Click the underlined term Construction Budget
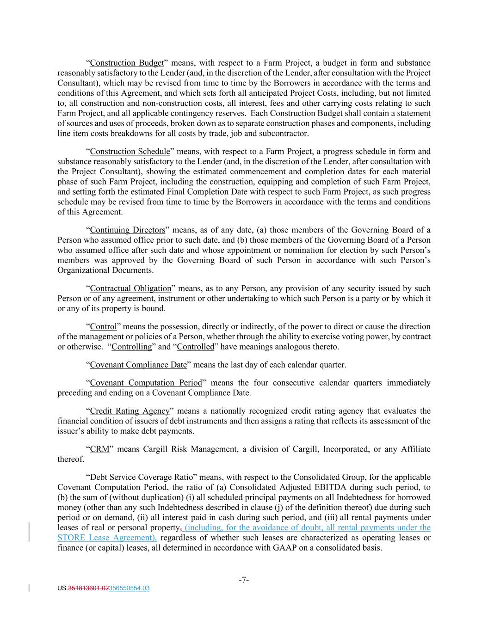click(x=127, y=63)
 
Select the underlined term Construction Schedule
click(x=130, y=152)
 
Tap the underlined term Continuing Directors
click(x=127, y=230)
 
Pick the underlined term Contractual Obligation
click(x=130, y=288)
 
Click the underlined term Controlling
click(x=131, y=347)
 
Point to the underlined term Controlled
click(x=196, y=347)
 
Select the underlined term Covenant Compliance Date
click(x=138, y=365)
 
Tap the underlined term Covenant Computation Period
click(x=146, y=383)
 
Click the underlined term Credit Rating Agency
click(x=130, y=411)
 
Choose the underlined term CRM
click(x=99, y=449)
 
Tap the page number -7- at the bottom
click(x=244, y=580)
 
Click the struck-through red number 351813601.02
click(x=88, y=588)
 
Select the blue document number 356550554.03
click(x=129, y=588)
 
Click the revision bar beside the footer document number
click(x=30, y=588)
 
